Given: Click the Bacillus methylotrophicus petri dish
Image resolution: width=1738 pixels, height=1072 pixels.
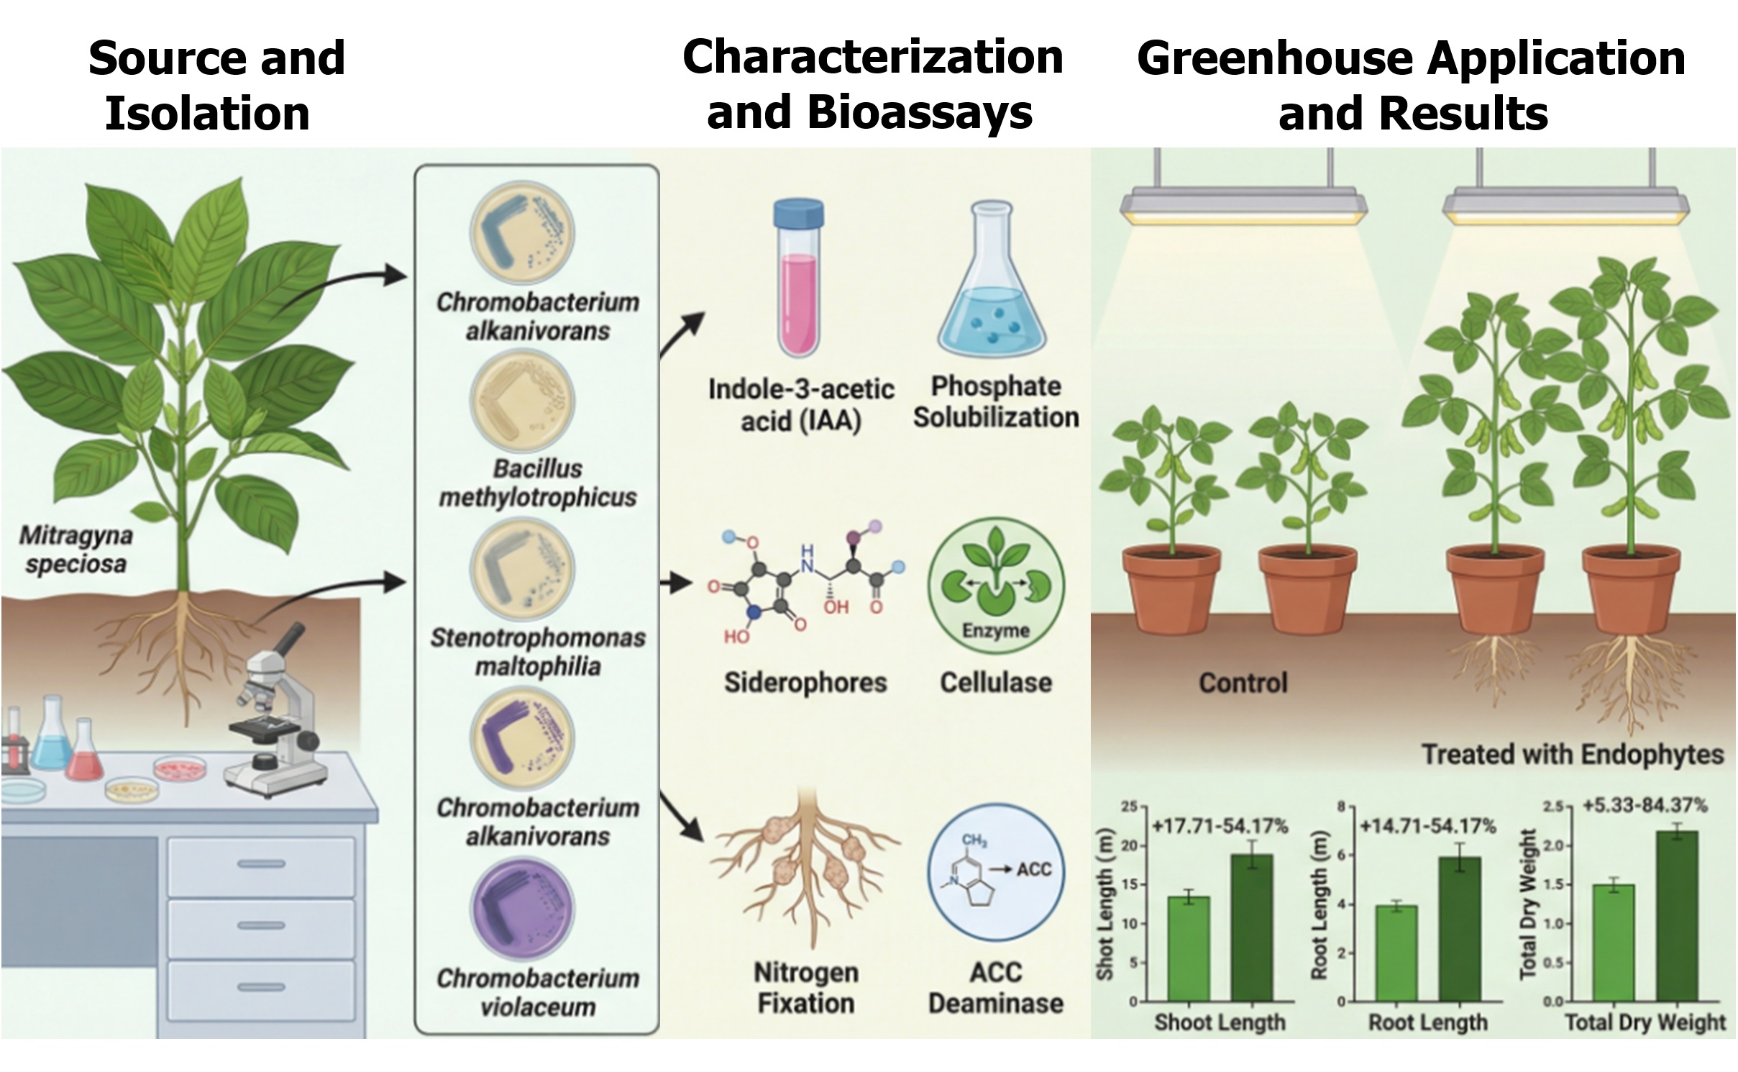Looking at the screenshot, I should (522, 401).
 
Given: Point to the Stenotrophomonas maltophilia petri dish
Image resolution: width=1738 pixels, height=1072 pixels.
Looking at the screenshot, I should (522, 570).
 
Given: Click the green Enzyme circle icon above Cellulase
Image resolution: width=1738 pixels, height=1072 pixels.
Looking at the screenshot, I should (995, 586).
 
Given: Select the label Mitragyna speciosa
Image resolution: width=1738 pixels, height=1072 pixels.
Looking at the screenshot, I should (76, 549).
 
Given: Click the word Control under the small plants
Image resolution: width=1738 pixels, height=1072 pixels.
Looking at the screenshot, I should (1243, 683).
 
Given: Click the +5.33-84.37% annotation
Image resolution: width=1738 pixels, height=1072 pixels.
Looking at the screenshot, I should (1645, 805).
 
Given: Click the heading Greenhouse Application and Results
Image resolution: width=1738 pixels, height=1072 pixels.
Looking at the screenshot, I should (1412, 85).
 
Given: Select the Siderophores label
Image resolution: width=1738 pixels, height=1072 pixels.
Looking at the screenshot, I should (805, 682).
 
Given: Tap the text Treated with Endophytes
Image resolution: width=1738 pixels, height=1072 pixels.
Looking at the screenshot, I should (1573, 754).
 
